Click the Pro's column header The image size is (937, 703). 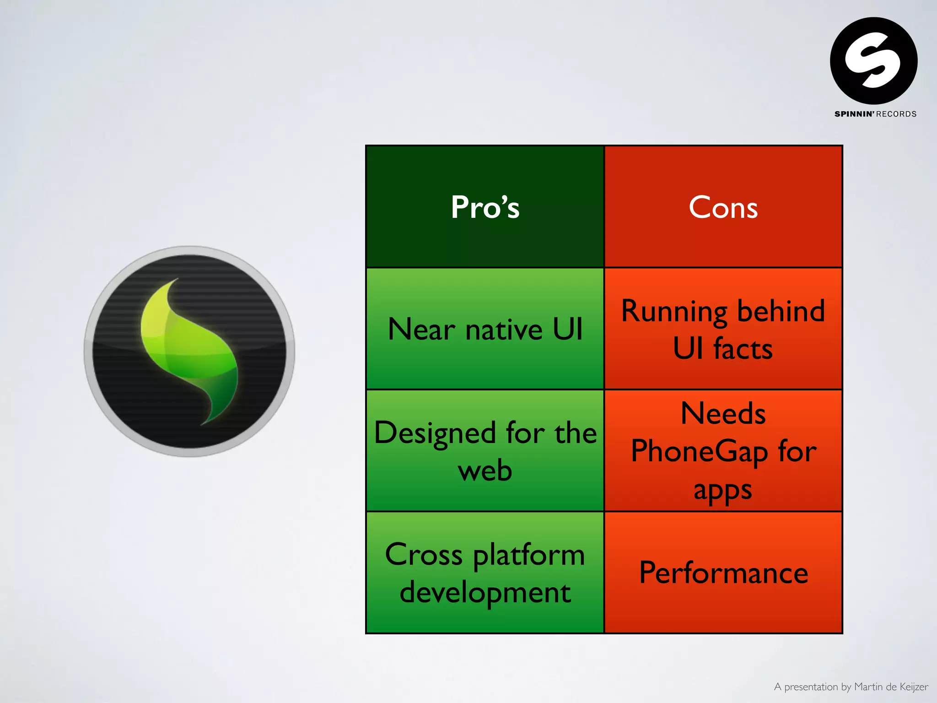coord(485,207)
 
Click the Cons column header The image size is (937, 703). coord(723,207)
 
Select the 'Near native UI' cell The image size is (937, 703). coord(485,329)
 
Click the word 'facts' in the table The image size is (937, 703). coord(743,349)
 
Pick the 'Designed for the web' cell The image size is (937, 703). coord(485,451)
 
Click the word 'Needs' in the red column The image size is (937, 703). coord(723,413)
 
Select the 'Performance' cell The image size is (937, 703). coord(723,573)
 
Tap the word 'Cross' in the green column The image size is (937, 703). coord(424,555)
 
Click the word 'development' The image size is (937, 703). coord(485,593)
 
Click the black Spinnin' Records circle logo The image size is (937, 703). coord(873,60)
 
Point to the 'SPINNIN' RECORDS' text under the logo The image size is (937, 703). coord(875,114)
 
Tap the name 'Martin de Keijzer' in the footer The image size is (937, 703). coord(891,687)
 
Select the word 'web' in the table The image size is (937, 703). coord(485,470)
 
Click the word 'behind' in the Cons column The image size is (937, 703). coord(781,311)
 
